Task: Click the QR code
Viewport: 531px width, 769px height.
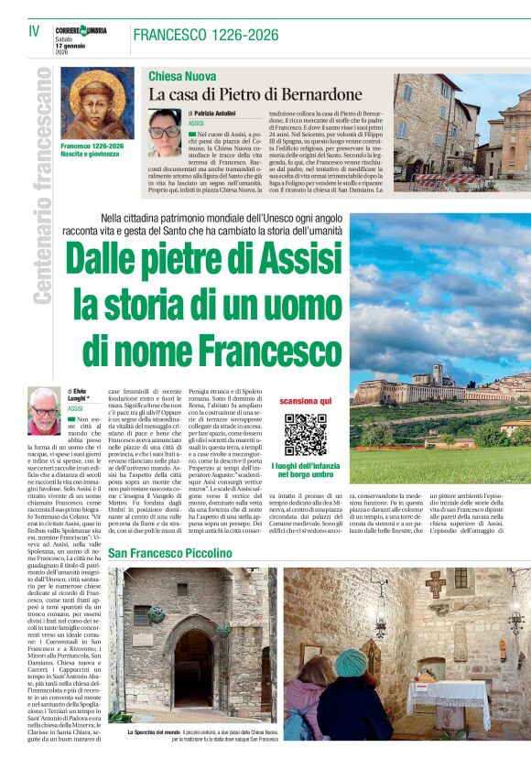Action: (305, 434)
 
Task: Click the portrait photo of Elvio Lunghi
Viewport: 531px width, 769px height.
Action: (44, 411)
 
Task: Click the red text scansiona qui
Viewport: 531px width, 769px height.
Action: (306, 402)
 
